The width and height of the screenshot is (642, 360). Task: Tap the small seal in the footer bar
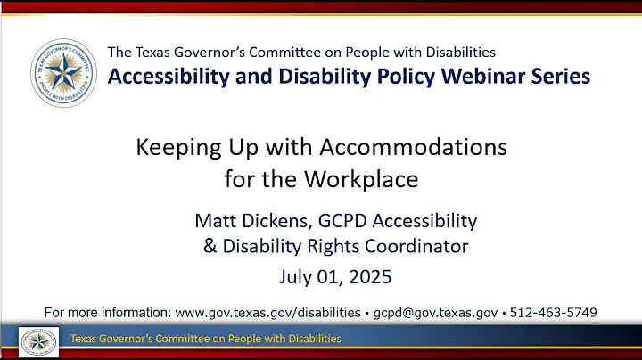pos(38,340)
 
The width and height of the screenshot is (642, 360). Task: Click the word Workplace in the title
pos(366,178)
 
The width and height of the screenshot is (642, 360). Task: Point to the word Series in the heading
pos(559,76)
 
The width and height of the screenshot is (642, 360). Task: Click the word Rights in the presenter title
pos(318,246)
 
